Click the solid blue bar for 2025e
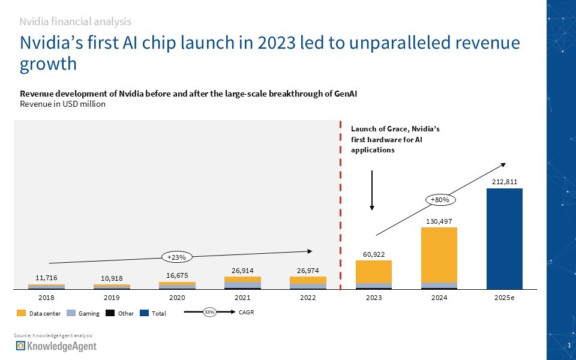pyautogui.click(x=504, y=238)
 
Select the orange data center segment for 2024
pyautogui.click(x=439, y=254)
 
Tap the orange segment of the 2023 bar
pyautogui.click(x=373, y=271)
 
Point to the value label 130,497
pyautogui.click(x=439, y=221)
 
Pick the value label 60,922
pyautogui.click(x=373, y=254)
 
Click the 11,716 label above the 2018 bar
pyautogui.click(x=46, y=278)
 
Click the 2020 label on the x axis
pyautogui.click(x=177, y=297)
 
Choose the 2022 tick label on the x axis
pyautogui.click(x=307, y=297)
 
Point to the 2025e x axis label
pyautogui.click(x=504, y=297)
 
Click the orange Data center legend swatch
pyautogui.click(x=22, y=313)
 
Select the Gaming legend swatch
pyautogui.click(x=70, y=313)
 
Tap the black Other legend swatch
pyautogui.click(x=109, y=313)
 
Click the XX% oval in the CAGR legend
pyautogui.click(x=209, y=312)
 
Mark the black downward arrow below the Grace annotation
pyautogui.click(x=372, y=190)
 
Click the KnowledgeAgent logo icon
pyautogui.click(x=21, y=346)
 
